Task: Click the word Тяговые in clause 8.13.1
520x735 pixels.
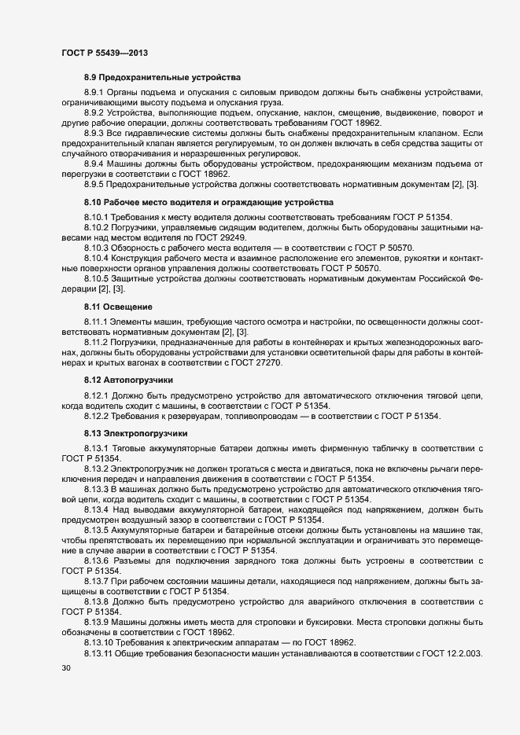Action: (x=132, y=447)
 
